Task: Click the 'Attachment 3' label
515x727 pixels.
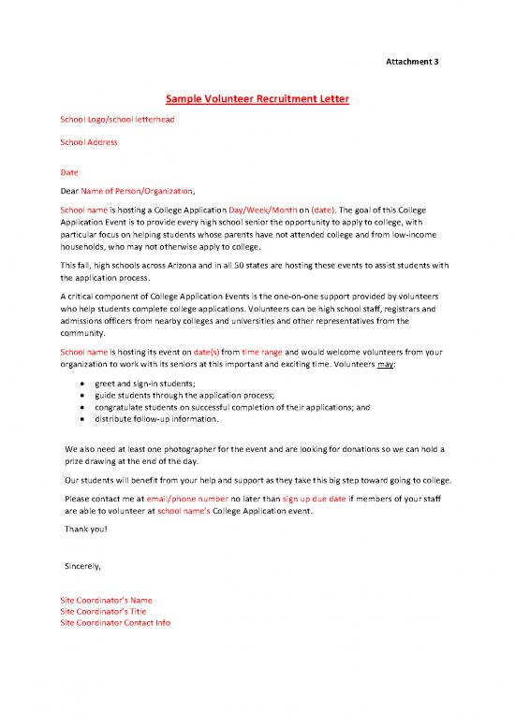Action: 413,62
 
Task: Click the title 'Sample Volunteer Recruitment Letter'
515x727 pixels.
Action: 257,98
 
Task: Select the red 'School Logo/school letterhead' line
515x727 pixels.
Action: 117,120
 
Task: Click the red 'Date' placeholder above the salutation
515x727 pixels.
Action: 69,172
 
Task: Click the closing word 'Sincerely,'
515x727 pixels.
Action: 82,567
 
